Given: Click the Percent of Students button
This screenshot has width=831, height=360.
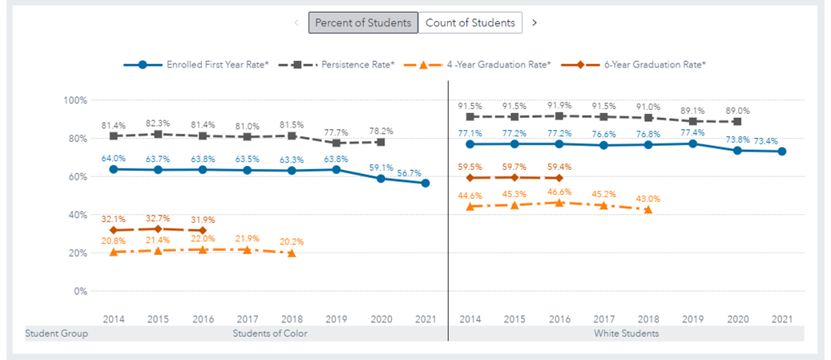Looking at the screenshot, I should click(x=364, y=22).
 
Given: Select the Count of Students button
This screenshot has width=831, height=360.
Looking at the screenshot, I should click(x=470, y=22).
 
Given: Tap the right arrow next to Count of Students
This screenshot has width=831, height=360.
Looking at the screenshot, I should click(x=535, y=22).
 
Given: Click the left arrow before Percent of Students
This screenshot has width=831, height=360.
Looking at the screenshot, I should click(x=297, y=22).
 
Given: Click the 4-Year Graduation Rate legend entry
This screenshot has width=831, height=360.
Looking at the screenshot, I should click(x=498, y=63).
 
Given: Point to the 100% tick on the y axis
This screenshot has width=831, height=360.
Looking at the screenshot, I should click(x=75, y=100).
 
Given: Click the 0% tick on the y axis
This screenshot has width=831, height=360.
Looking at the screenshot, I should click(x=79, y=291).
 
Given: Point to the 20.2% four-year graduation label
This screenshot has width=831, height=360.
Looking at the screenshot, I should click(x=291, y=241).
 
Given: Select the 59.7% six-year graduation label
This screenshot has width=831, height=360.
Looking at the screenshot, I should click(x=514, y=167).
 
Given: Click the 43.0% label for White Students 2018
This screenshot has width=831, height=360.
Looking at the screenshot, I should click(x=647, y=198).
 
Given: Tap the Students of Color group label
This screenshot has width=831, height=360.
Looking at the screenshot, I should click(x=269, y=333).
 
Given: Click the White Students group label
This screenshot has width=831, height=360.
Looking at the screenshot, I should click(x=627, y=333).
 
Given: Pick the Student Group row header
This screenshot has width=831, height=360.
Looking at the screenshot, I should click(x=56, y=333).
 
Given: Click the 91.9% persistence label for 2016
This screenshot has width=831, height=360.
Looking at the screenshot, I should click(x=560, y=105).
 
